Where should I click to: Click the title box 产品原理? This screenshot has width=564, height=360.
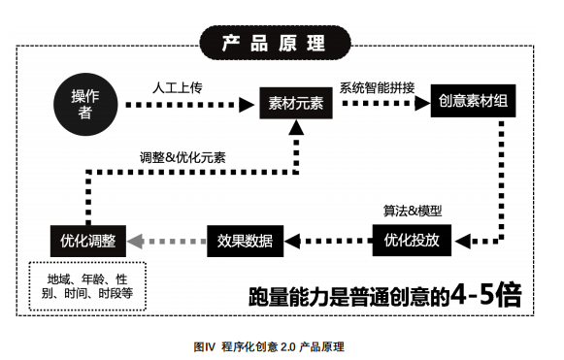[x=273, y=43]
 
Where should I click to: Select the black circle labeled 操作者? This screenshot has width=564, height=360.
[x=85, y=102]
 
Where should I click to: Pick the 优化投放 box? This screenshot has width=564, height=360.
[x=412, y=238]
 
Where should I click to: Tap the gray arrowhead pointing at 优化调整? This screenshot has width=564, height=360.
[x=137, y=239]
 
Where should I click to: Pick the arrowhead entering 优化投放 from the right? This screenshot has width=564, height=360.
[x=458, y=238]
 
